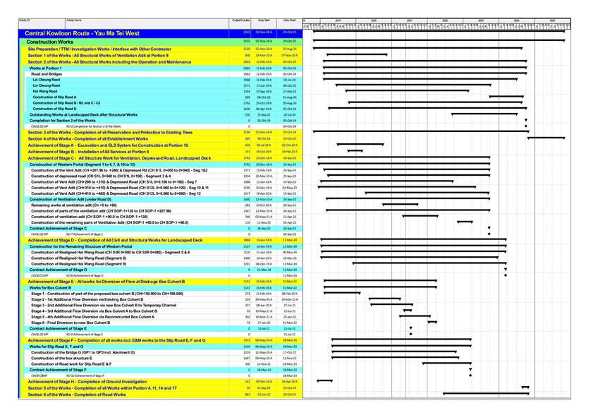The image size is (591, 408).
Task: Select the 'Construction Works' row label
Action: pyautogui.click(x=50, y=42)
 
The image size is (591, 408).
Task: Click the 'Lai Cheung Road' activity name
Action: pyautogui.click(x=46, y=80)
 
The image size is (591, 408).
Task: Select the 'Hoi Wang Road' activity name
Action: pyautogui.click(x=44, y=91)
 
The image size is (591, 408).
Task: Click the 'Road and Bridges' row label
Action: pyautogui.click(x=46, y=74)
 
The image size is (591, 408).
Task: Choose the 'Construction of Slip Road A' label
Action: pyautogui.click(x=54, y=97)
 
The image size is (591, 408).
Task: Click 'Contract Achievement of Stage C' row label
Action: pyautogui.click(x=58, y=229)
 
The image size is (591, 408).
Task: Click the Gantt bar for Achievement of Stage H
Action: pyautogui.click(x=324, y=381)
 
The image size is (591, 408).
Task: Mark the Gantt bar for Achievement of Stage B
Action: pyautogui.click(x=355, y=151)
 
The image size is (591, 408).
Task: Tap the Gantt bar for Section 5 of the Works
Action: pyautogui.click(x=525, y=388)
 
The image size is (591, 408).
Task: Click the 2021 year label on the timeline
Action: pyautogui.click(x=409, y=21)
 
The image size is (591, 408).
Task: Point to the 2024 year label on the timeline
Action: pyautogui.click(x=516, y=21)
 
